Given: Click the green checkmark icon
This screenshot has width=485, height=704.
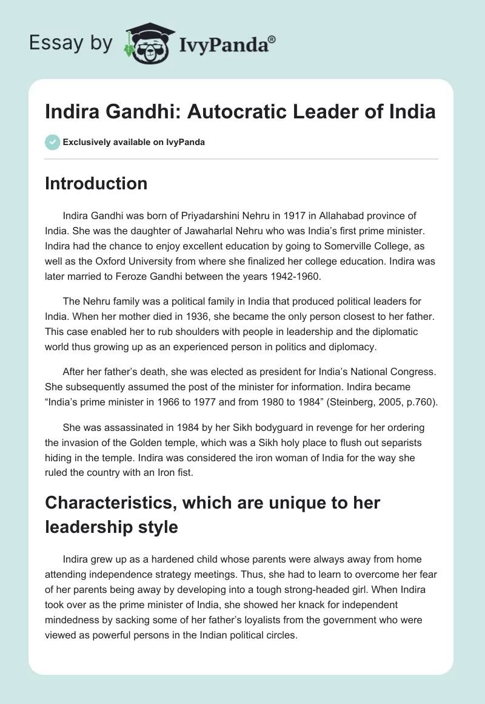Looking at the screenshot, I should [x=52, y=142].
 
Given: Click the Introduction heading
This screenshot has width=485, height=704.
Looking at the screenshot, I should [x=96, y=183].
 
